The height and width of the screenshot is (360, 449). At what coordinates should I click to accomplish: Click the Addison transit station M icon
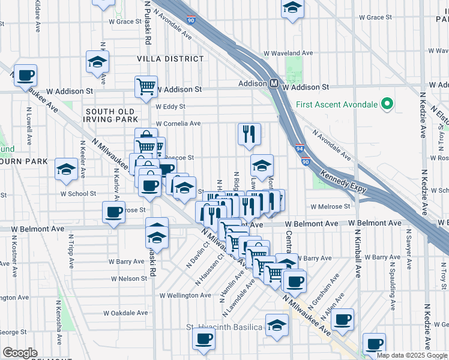coord(274,83)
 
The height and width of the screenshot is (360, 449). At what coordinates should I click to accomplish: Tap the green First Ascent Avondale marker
coord(387,104)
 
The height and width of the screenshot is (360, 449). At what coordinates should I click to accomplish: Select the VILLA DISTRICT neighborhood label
coord(170,59)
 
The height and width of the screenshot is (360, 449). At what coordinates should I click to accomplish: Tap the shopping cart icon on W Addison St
coord(146,86)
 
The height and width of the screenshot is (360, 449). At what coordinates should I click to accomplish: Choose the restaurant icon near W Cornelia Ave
coord(249,134)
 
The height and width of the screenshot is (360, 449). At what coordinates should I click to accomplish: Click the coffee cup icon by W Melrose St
coord(113,212)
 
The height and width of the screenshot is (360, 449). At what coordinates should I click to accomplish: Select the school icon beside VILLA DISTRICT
coord(97,61)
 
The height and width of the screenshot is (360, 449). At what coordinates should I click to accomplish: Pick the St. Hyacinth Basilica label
coord(224,327)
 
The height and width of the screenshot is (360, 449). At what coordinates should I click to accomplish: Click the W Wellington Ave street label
coord(185,295)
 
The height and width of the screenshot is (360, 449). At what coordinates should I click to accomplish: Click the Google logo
coord(20,353)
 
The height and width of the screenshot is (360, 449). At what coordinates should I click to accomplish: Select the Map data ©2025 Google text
coord(412,355)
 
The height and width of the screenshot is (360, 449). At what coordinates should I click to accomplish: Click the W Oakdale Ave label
coord(127,313)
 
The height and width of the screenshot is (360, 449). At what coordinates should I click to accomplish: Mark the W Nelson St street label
coord(128,278)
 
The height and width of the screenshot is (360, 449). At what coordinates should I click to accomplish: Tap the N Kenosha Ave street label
coord(60,327)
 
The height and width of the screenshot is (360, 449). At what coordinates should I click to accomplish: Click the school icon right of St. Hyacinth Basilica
coord(277,325)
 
